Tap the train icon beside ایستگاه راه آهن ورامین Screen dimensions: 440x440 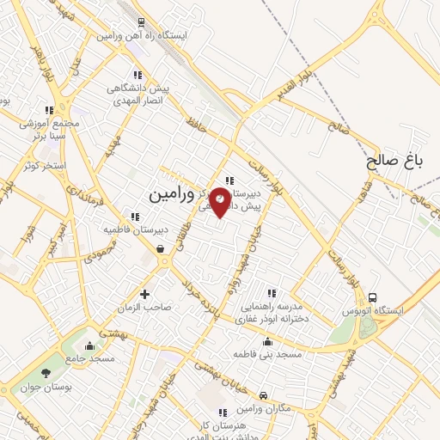coord(141,23)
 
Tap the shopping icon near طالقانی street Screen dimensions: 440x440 coord(161,249)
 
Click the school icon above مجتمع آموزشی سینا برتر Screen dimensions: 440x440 coord(49,110)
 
